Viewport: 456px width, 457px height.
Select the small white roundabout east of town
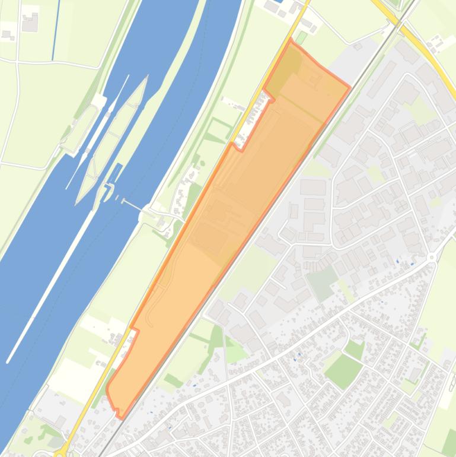coord(432,257)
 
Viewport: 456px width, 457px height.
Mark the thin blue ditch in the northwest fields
coord(56,30)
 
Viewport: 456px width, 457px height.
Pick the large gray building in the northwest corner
coord(30,23)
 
